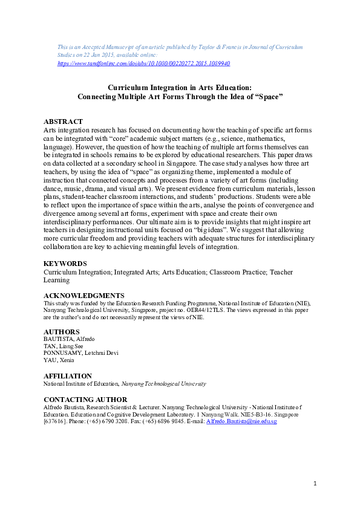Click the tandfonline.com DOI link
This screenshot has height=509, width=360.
pos(143,63)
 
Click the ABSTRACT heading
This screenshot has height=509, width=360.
pos(64,122)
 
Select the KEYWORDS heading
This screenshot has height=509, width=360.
pos(65,264)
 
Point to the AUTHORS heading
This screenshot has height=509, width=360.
pos(62,332)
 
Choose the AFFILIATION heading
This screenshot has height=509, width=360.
pos(68,376)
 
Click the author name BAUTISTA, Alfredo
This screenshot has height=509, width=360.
pos(68,340)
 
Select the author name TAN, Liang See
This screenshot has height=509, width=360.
pos(63,347)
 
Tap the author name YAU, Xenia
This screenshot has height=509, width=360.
pos(59,361)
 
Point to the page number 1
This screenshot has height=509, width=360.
pos(315,483)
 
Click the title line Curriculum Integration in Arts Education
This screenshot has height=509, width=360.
pos(180,87)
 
